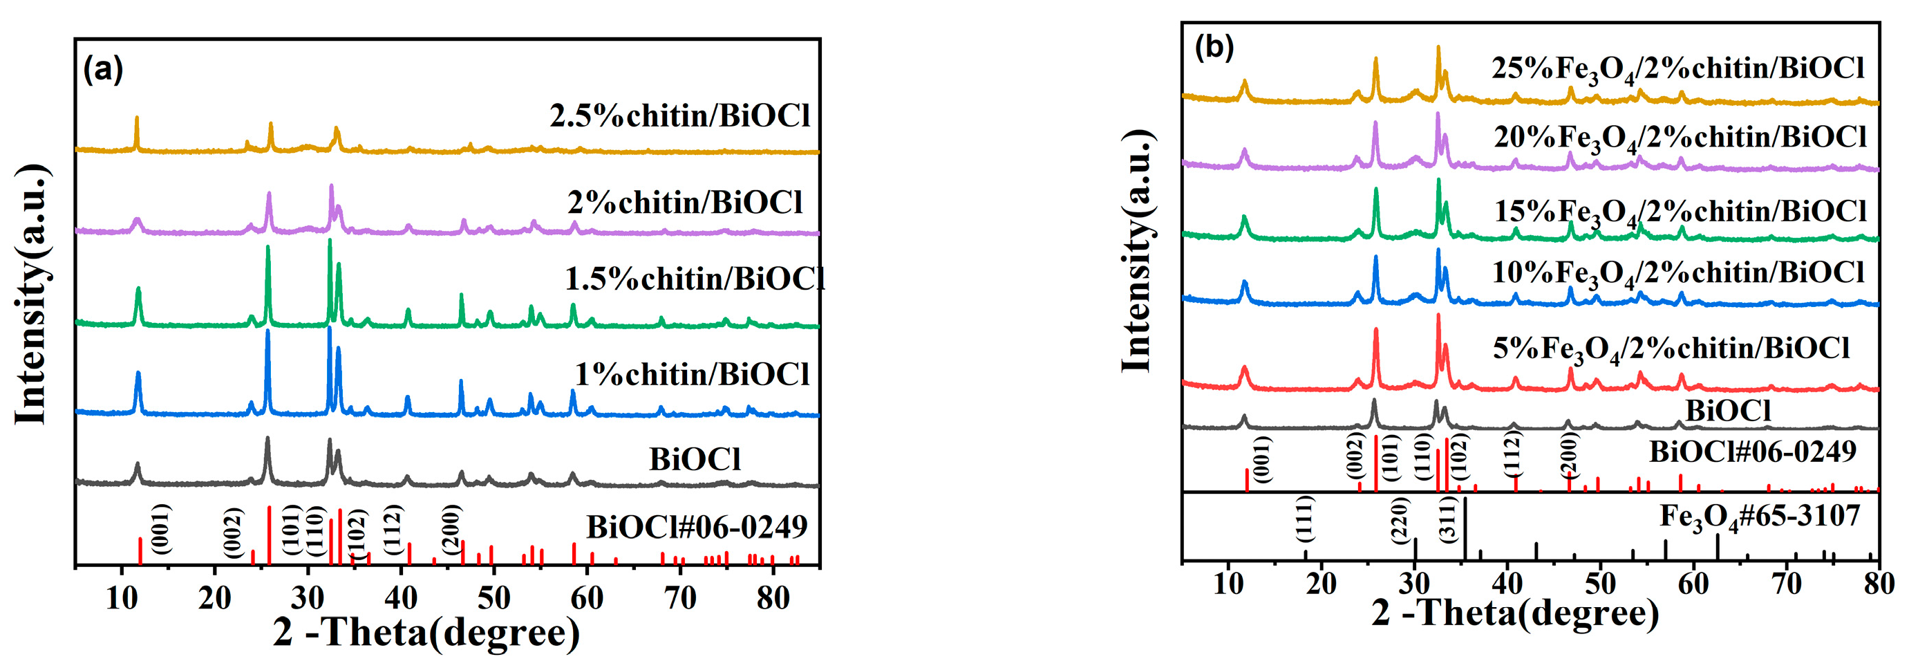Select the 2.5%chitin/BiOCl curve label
pyautogui.click(x=679, y=115)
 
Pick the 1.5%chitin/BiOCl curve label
pyautogui.click(x=695, y=279)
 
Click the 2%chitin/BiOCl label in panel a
pyautogui.click(x=685, y=203)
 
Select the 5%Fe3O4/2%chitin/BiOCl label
pyautogui.click(x=1671, y=349)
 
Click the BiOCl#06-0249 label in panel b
pyautogui.click(x=1752, y=452)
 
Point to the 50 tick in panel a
pyautogui.click(x=494, y=597)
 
